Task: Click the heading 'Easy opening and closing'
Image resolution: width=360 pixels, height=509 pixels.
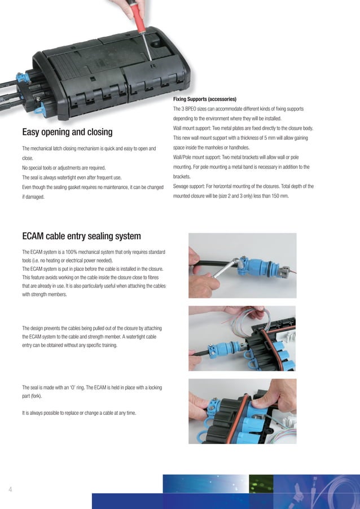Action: [67, 133]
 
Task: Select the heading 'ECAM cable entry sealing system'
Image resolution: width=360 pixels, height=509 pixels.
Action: [81, 235]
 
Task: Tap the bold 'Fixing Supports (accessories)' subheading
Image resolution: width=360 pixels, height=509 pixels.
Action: [204, 99]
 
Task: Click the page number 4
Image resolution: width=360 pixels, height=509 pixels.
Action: [10, 489]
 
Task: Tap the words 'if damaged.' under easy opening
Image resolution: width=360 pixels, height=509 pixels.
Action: [33, 197]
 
